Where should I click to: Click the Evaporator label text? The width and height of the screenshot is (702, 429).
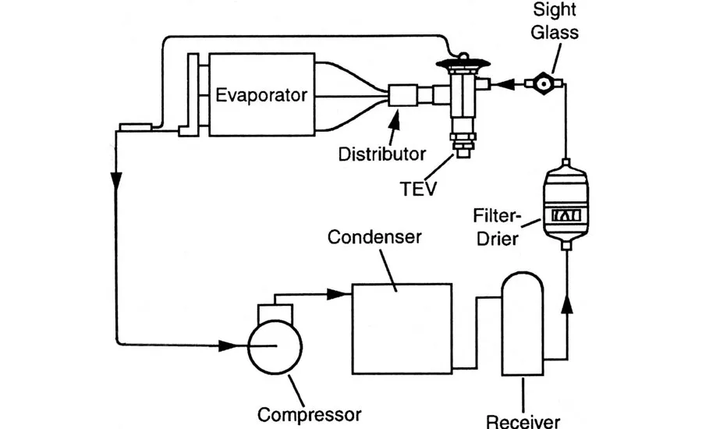click(x=261, y=95)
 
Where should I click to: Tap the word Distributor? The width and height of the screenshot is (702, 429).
click(x=382, y=154)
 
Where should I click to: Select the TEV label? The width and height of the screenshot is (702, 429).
click(x=418, y=189)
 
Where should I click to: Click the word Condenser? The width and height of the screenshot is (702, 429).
click(x=374, y=237)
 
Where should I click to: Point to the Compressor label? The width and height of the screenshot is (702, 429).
click(x=309, y=414)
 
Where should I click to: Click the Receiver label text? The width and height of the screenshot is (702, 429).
click(x=523, y=421)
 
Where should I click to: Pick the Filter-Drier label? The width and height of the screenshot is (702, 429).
click(x=497, y=227)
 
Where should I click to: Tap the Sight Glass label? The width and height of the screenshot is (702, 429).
click(x=555, y=21)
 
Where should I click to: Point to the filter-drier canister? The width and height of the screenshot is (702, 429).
click(x=565, y=204)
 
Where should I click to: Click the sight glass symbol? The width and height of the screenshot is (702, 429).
click(x=544, y=83)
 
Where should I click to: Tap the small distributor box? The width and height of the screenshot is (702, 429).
click(x=402, y=95)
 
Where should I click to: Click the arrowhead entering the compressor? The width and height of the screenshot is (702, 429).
click(x=229, y=346)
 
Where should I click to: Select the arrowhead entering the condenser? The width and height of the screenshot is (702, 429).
click(x=337, y=294)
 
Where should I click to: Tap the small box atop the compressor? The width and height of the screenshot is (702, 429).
click(x=275, y=313)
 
